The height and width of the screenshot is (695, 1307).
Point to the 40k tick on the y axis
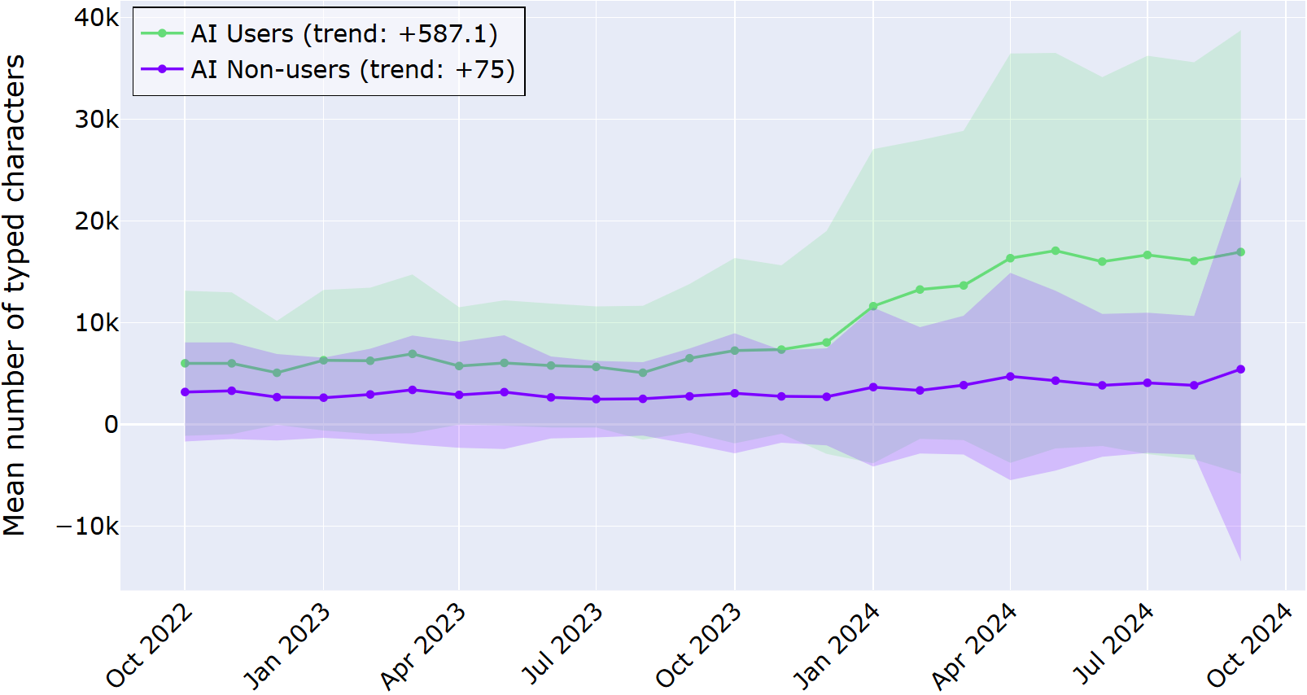click(96, 18)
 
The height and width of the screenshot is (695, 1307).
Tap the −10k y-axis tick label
click(87, 527)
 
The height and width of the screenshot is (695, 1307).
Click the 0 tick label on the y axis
click(111, 425)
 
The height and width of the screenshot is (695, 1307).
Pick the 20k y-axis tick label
click(96, 221)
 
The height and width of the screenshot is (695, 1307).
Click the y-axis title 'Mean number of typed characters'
click(15, 295)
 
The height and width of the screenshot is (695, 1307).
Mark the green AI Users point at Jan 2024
click(873, 307)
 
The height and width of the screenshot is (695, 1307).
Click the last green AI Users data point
click(1240, 252)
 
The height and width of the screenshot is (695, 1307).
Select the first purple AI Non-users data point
click(185, 392)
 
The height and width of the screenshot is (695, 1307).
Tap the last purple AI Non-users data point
click(1240, 369)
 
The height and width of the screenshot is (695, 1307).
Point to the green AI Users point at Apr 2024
click(1011, 259)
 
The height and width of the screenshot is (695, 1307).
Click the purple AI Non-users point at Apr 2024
click(1011, 377)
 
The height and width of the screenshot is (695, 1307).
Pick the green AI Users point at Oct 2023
click(735, 351)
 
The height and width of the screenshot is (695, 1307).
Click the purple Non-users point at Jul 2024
click(1147, 383)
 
